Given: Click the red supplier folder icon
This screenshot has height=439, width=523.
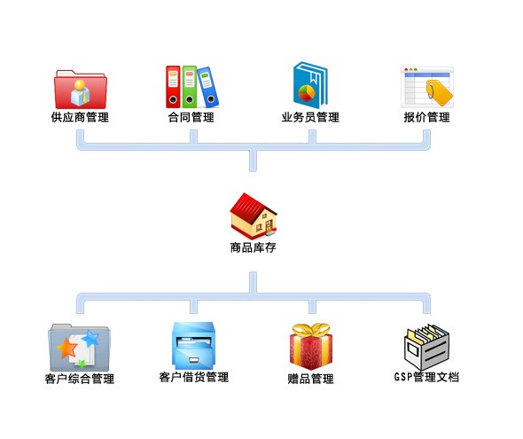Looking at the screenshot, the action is tap(81, 89).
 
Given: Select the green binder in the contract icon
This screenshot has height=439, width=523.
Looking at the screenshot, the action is tap(190, 86).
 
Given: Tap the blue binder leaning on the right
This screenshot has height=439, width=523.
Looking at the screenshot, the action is tap(207, 87).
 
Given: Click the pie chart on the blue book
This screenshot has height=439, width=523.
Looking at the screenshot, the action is tap(307, 93).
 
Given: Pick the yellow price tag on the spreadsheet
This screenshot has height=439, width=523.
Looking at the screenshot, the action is tap(439, 92).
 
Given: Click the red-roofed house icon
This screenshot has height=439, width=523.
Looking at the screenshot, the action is tap(254, 216).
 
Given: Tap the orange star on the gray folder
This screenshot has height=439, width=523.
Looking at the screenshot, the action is tap(67, 349).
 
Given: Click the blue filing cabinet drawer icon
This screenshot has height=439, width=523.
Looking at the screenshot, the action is tap(193, 346).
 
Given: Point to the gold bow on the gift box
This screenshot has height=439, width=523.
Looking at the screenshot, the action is tap(311, 329).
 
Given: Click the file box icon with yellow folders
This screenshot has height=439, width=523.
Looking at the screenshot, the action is tap(426, 347).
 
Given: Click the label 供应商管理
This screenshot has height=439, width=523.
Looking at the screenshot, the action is tap(80, 117).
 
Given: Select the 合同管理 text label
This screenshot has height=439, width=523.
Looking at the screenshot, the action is tap(191, 117).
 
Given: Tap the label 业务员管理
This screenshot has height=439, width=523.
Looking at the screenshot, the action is tap(310, 117).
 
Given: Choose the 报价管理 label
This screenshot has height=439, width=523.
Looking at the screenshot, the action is tap(427, 117).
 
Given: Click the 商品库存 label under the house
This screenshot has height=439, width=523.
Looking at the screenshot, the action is tap(254, 247).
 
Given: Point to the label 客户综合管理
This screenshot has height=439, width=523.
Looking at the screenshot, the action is tap(80, 379).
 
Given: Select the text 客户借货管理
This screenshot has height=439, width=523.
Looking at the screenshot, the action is tap(194, 377).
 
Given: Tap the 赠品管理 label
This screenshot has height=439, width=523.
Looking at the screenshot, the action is tap(310, 379).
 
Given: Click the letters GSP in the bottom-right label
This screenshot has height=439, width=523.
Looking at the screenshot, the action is tap(403, 377).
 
